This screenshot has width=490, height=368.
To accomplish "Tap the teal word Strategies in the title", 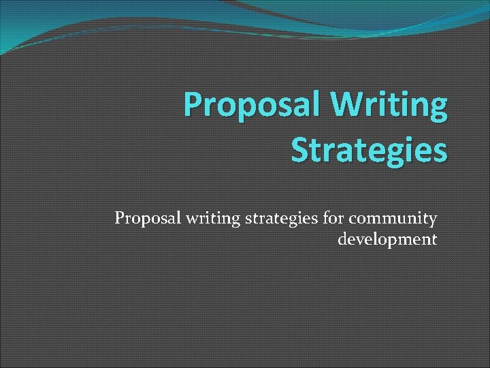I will tap(369, 150).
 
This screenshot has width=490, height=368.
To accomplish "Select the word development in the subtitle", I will tap(387, 239).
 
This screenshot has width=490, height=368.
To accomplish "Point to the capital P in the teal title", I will tap(193, 107).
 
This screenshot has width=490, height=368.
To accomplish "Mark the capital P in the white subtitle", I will tap(120, 218).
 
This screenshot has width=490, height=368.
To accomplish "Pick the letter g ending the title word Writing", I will tap(439, 110).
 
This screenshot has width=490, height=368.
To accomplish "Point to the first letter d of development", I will tap(342, 239).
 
